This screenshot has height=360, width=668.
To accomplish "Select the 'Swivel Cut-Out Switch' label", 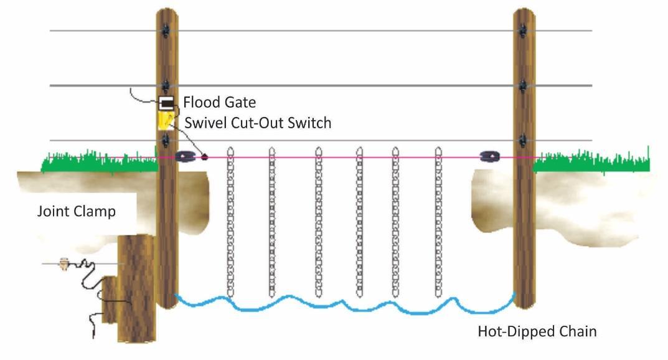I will point(258,123).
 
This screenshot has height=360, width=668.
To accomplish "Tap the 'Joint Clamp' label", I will point(76,211).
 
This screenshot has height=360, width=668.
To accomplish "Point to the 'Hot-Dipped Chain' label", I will point(537,331).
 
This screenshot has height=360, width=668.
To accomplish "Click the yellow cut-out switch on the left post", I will point(165,120).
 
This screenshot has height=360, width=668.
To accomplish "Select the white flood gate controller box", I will point(166,102).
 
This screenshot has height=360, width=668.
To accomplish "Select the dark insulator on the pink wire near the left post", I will point(185,157).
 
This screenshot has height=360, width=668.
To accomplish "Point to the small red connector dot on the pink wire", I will point(204,157).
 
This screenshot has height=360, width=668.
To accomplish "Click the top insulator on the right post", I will point(524,29).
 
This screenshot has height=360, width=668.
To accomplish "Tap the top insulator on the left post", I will point(166,29).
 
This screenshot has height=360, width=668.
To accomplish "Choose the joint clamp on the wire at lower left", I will point(63,263).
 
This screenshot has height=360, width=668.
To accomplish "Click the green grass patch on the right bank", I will point(591,163).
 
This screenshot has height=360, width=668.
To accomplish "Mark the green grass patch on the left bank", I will point(100,163).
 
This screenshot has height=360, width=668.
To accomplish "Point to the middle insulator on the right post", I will point(524,85).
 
